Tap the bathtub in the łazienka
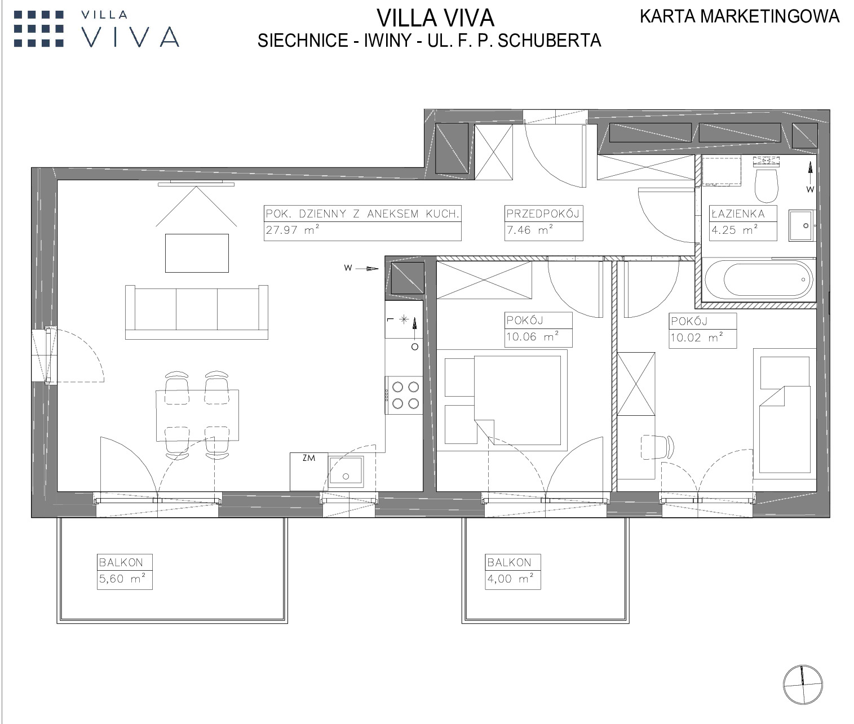759,279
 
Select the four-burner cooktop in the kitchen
405,396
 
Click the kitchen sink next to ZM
346,473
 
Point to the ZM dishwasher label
309,458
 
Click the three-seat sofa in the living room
197,312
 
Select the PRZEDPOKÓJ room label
543,214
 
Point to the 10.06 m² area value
532,336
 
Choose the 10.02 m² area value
697,337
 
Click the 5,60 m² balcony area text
122,579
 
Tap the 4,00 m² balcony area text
510,579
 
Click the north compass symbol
803,685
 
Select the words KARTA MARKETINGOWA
740,16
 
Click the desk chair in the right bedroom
657,447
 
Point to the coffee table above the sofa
197,253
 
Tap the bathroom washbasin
801,225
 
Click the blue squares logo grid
39,29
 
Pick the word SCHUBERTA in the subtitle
549,41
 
